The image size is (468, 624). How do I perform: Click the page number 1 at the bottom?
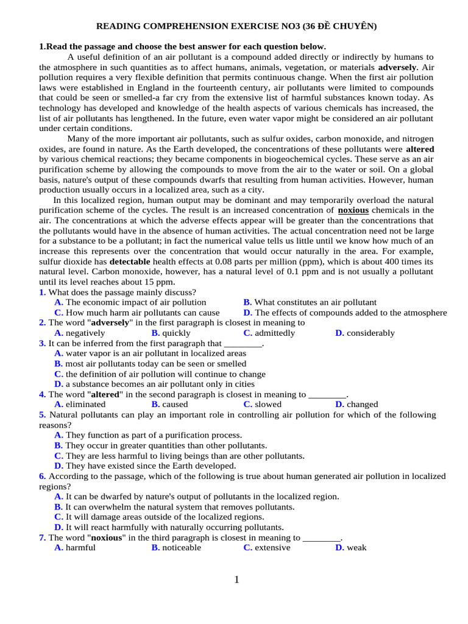[x=236, y=580]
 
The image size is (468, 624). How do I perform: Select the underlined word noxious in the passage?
[x=353, y=210]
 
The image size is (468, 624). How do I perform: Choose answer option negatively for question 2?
[x=85, y=333]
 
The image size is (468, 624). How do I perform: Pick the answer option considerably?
[x=370, y=333]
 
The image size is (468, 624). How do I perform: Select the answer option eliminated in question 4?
[x=85, y=404]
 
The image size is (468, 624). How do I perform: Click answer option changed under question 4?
[x=362, y=404]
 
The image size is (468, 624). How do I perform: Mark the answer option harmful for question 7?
[x=80, y=547]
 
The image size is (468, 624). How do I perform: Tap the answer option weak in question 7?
[x=356, y=547]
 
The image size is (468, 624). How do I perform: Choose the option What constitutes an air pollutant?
[x=315, y=302]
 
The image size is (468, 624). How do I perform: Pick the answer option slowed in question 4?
[x=268, y=404]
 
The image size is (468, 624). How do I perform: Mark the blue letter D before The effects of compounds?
[x=247, y=313]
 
